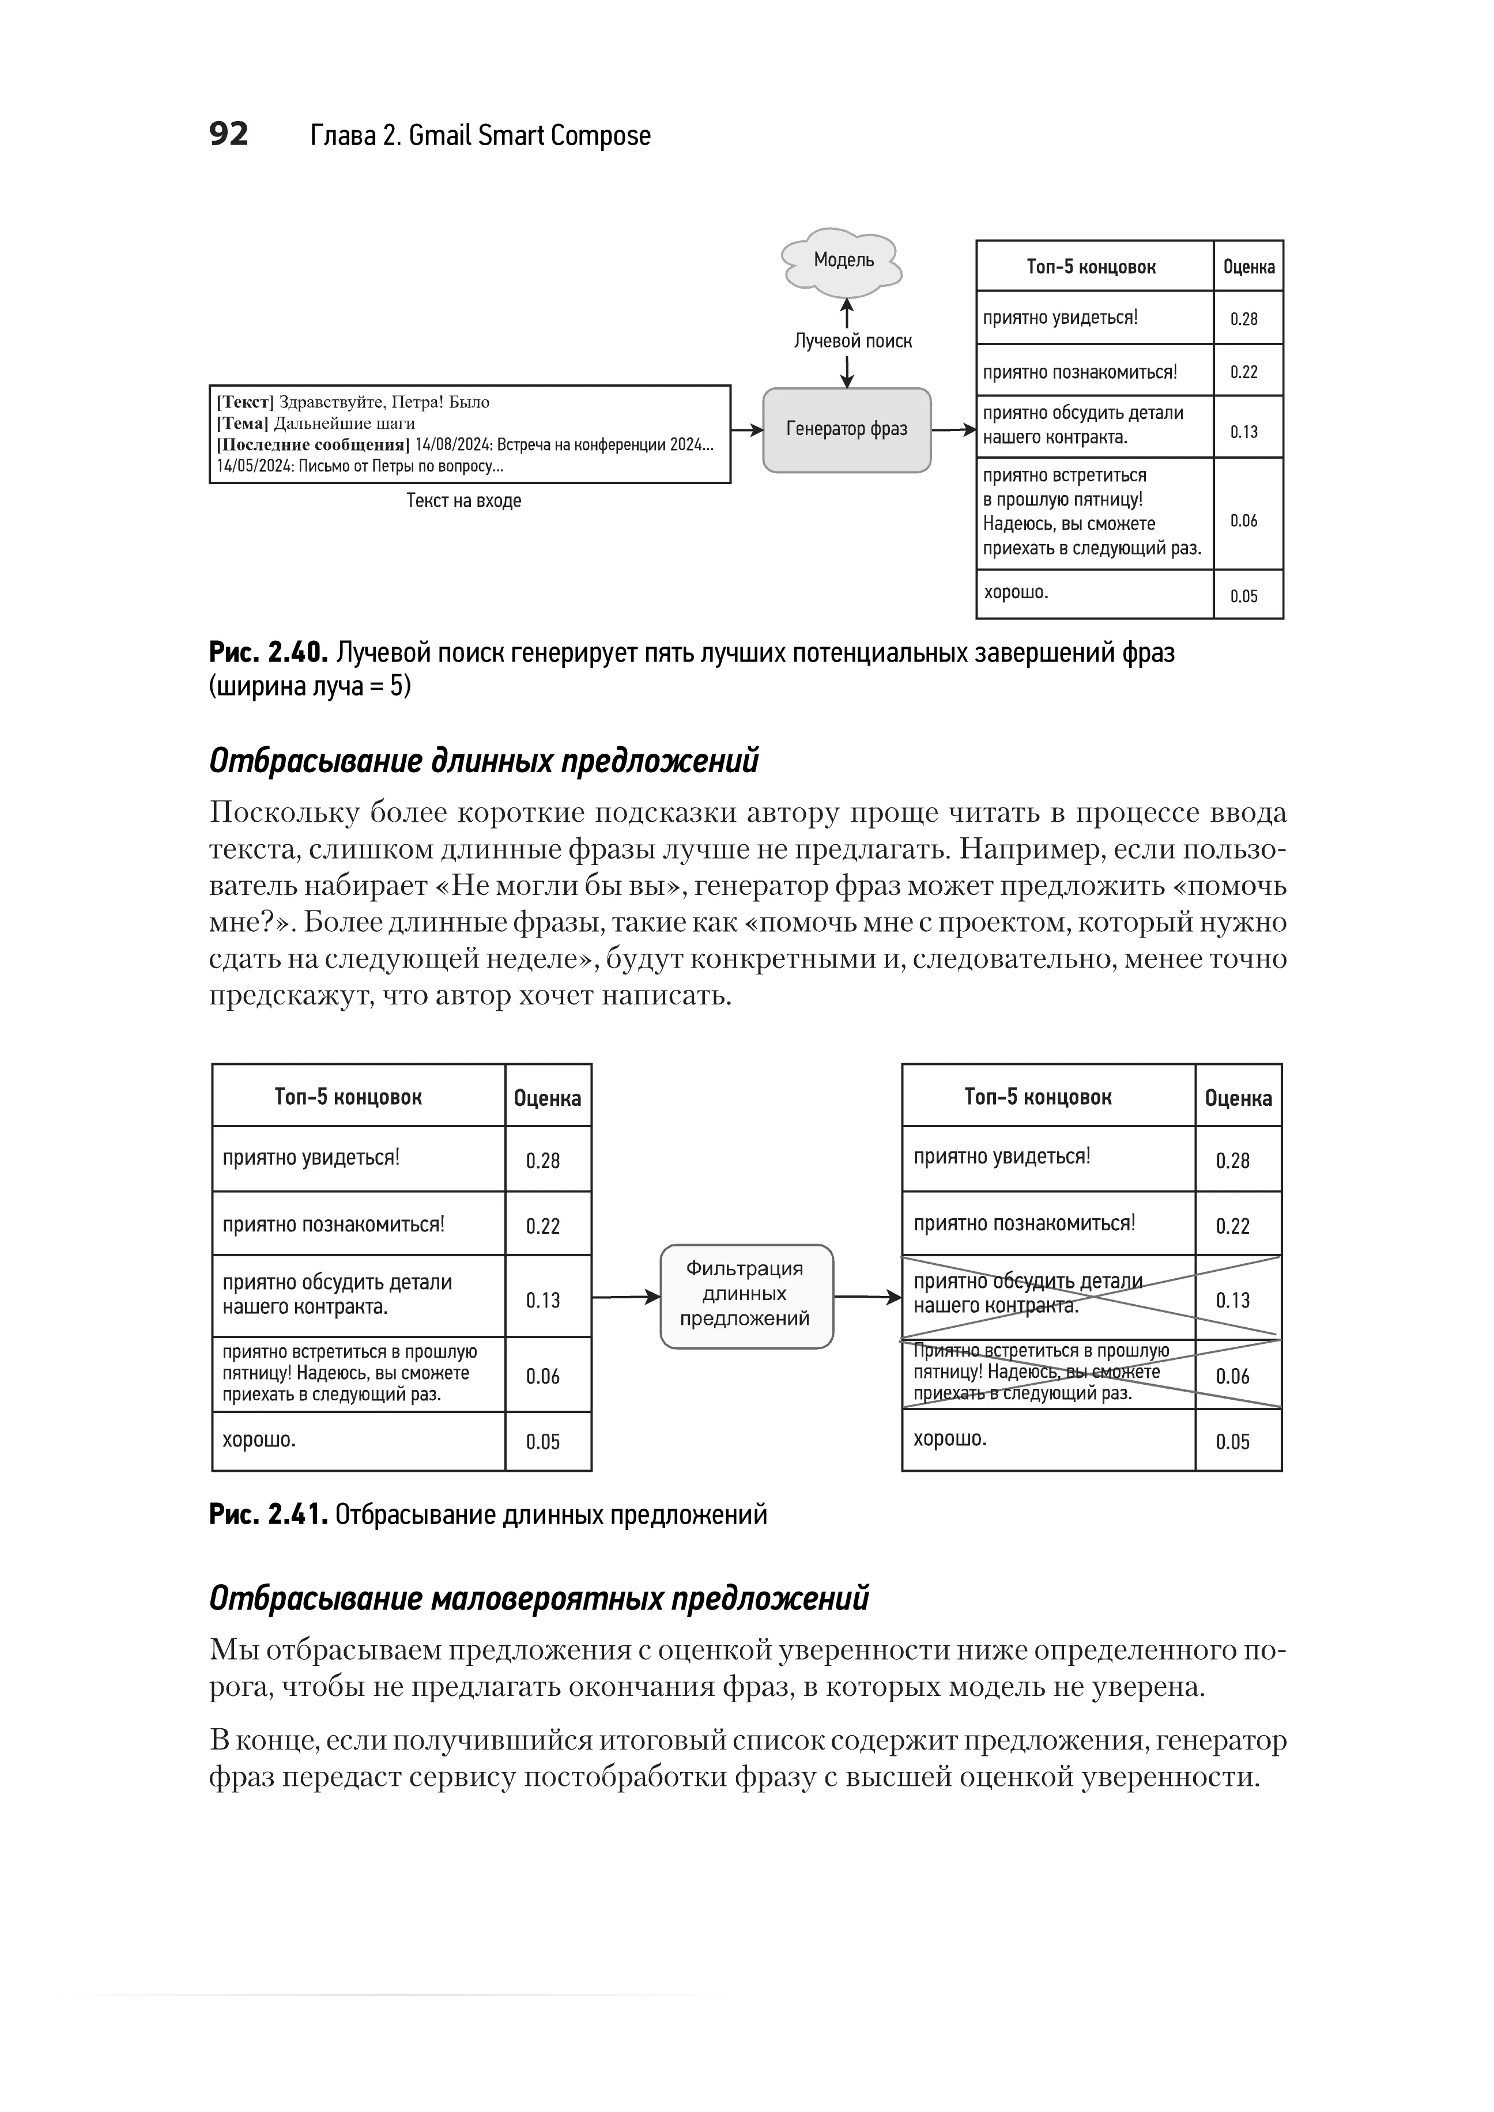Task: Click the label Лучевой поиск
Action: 853,341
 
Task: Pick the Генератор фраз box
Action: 846,429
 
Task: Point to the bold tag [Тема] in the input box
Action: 243,423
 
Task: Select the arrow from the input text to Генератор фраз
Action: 747,429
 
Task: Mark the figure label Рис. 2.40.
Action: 267,653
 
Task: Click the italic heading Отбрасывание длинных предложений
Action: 484,762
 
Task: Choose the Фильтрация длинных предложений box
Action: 746,1295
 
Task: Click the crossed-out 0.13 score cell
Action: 1233,1300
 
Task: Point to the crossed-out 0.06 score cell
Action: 1233,1376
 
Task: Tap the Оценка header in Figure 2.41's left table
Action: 548,1097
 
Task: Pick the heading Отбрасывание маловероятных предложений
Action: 539,1599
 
